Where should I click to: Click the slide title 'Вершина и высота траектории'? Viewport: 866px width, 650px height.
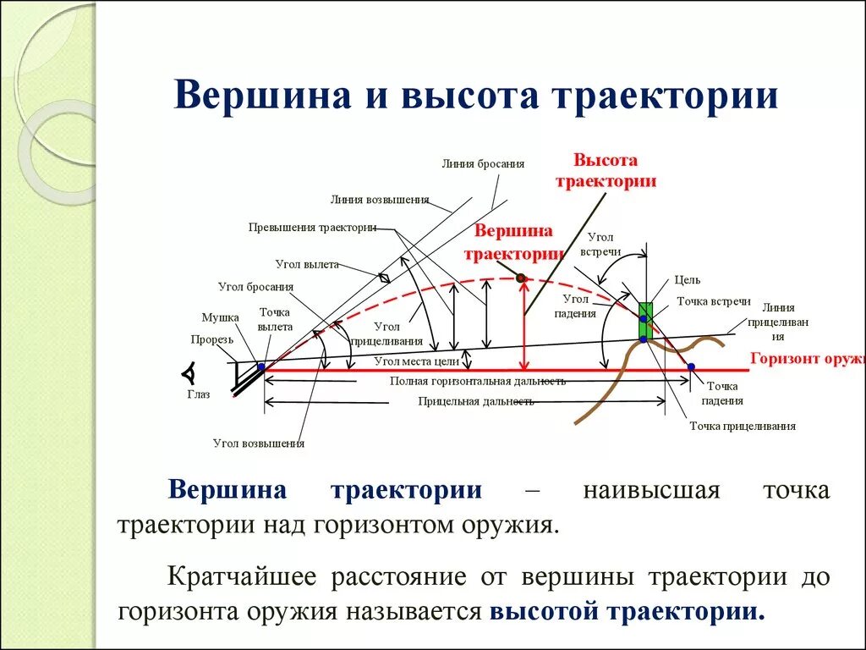(475, 95)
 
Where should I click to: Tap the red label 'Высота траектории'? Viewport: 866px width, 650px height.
(605, 170)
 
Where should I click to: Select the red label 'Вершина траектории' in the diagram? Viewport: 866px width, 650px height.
(513, 241)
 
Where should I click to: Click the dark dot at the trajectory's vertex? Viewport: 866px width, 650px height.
(521, 278)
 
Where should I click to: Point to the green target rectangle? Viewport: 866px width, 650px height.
(645, 319)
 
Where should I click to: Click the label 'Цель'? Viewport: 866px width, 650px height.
(687, 280)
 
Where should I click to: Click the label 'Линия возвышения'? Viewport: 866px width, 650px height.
(380, 201)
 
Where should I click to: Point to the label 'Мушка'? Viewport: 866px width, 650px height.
(220, 317)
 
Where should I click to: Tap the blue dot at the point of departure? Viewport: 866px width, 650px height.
(261, 366)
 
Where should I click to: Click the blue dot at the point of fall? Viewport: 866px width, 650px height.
(691, 366)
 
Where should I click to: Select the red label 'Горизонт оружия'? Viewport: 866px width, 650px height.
(808, 358)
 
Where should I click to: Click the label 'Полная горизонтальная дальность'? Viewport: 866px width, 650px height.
(477, 381)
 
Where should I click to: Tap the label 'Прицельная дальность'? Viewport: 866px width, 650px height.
(475, 401)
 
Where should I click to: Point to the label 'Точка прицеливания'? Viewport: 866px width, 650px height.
(743, 426)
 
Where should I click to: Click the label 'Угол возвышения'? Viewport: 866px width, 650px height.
(259, 443)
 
